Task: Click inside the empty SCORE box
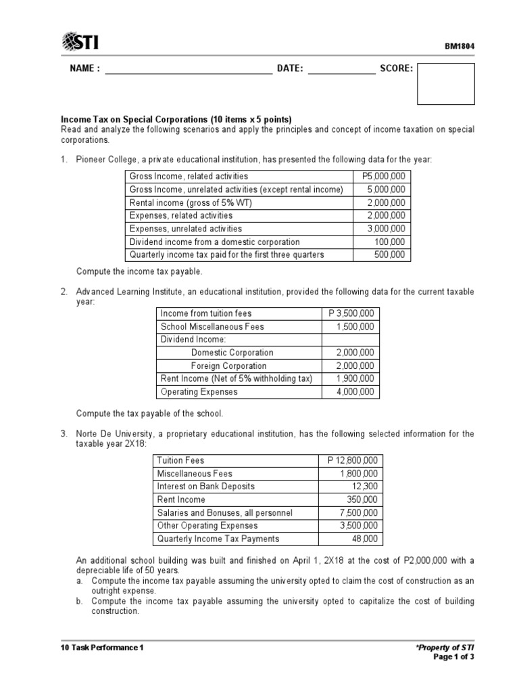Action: (x=445, y=83)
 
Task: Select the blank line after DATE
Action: (x=341, y=69)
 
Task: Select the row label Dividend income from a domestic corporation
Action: (x=214, y=242)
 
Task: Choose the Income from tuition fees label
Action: (x=205, y=314)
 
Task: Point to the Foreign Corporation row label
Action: (x=228, y=365)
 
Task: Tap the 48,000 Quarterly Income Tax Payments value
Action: (x=366, y=539)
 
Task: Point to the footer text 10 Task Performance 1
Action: (x=102, y=648)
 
